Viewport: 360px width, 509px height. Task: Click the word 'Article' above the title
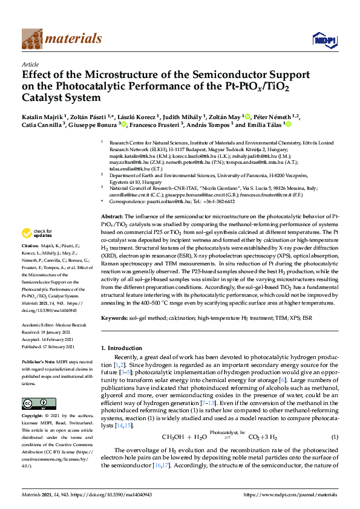pos(30,64)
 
